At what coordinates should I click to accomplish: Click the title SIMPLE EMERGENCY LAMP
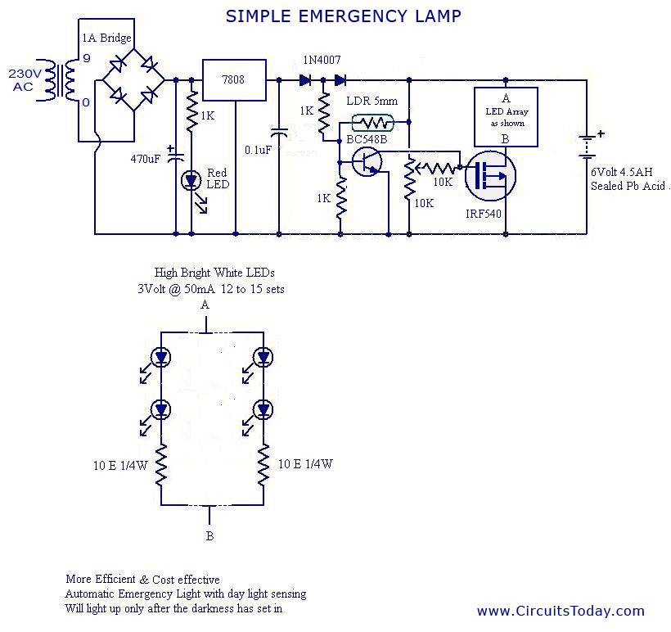[343, 16]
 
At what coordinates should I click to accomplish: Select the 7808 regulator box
[234, 80]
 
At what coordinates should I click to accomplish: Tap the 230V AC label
[25, 79]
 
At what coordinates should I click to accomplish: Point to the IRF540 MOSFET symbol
[490, 175]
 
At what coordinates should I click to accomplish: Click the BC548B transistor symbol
[366, 162]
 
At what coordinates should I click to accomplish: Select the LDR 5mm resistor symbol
[373, 123]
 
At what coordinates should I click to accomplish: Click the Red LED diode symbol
[191, 181]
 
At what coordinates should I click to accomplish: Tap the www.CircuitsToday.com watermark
[561, 611]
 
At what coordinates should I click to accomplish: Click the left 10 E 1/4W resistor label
[119, 464]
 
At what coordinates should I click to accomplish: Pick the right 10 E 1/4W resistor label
[305, 464]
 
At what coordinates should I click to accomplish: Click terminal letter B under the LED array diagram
[209, 536]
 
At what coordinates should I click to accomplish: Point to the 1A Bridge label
[106, 38]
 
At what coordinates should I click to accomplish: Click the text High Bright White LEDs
[215, 273]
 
